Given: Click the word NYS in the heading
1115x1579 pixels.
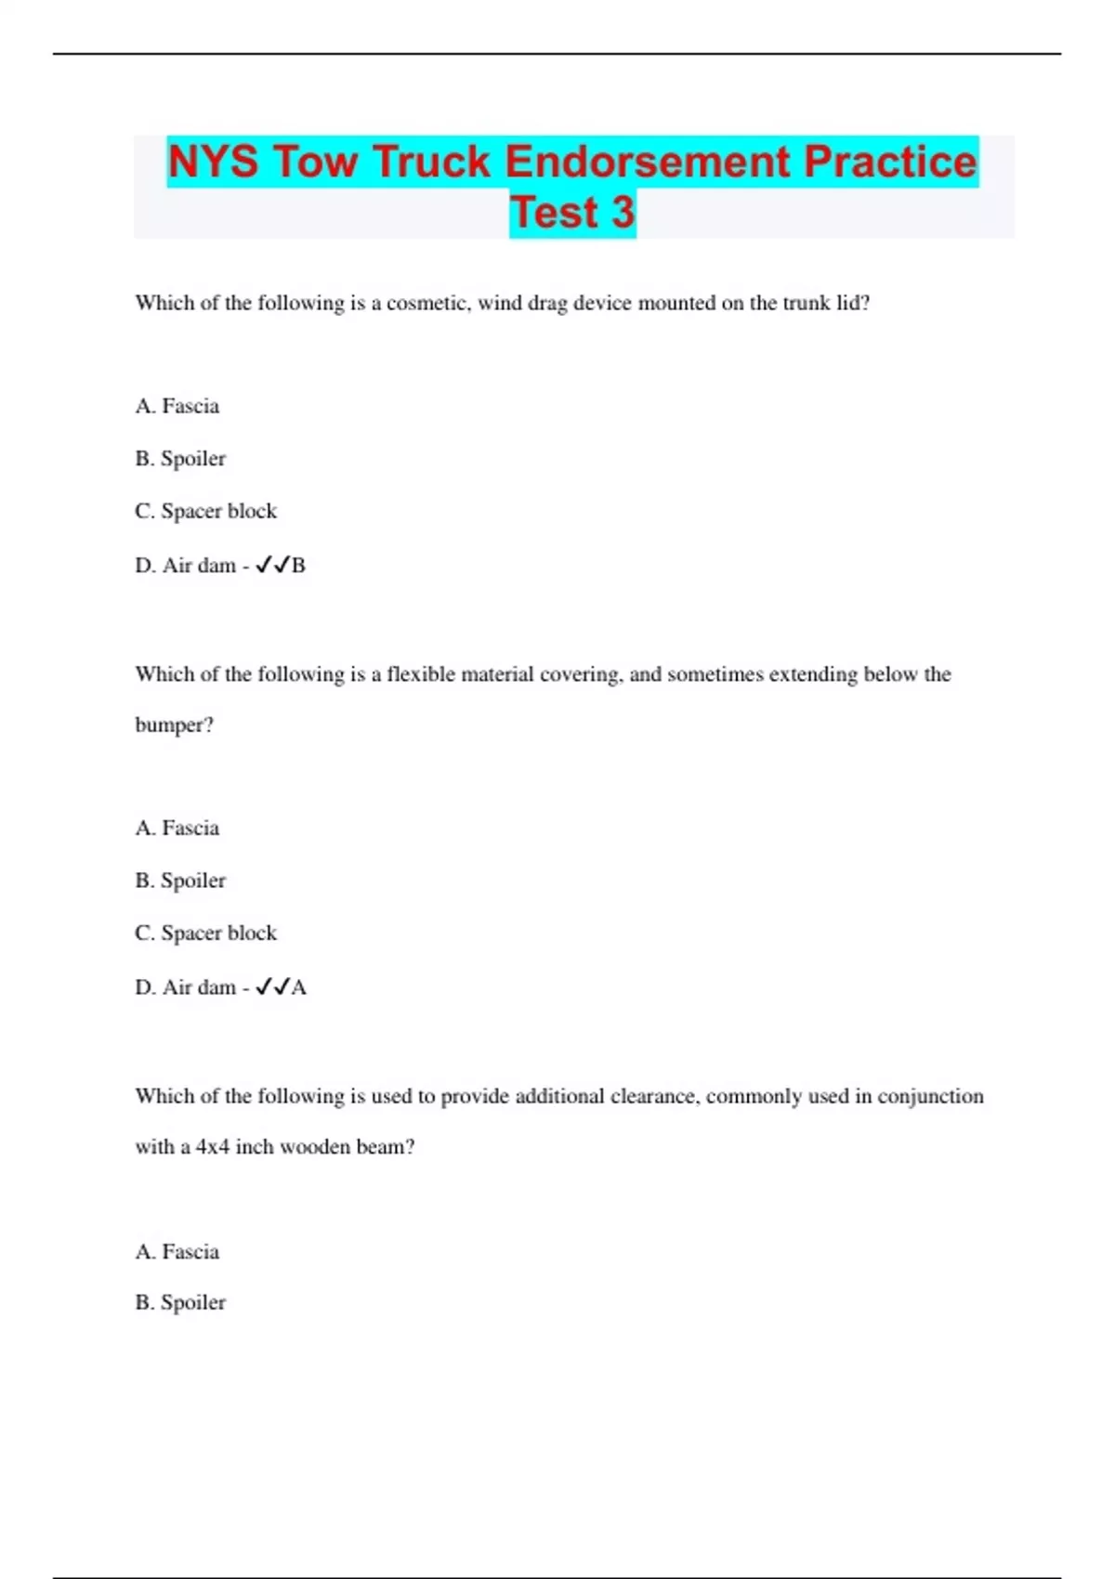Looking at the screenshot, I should (x=213, y=162).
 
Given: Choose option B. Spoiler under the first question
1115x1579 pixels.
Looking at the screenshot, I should (x=180, y=459).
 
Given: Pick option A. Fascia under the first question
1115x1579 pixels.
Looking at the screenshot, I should (x=177, y=406).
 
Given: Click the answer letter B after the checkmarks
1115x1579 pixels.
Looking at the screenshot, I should (x=298, y=566).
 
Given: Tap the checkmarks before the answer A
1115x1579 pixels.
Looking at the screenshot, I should (x=272, y=987).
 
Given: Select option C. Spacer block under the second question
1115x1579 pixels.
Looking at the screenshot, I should (x=206, y=933).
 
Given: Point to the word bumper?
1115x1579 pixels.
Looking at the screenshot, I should (x=174, y=725).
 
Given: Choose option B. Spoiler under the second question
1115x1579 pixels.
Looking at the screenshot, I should (x=180, y=881).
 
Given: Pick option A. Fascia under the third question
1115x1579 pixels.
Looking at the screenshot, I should (x=177, y=1252).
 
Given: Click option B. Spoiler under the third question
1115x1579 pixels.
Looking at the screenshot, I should (x=180, y=1302).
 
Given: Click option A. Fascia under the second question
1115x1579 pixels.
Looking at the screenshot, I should (x=177, y=828).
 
